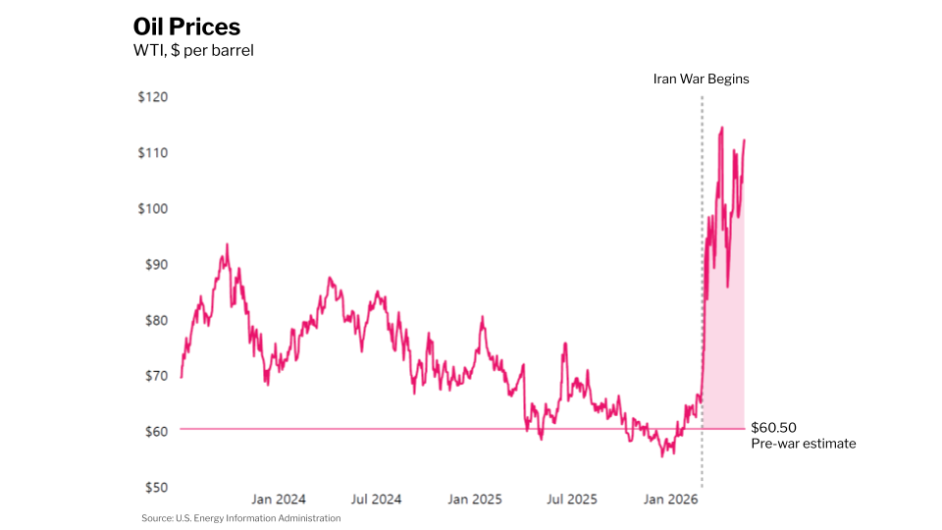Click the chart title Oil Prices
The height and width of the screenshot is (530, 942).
point(186,27)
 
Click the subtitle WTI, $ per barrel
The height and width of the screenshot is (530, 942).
point(193,50)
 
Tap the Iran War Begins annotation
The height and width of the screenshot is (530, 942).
point(701,79)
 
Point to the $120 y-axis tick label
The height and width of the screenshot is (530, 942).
point(153,97)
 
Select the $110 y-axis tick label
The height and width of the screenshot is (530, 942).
point(153,153)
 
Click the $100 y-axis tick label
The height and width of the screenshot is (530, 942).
point(153,208)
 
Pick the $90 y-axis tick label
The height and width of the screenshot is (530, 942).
point(156,264)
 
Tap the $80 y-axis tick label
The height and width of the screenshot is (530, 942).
point(156,320)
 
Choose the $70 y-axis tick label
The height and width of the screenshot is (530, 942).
point(156,376)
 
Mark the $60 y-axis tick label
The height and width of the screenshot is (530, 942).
point(156,432)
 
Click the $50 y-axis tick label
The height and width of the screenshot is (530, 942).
point(156,488)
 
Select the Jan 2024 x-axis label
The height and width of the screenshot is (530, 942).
point(278,500)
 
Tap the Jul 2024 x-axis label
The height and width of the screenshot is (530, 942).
point(376,500)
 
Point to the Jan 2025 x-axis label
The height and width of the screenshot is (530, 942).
point(475,500)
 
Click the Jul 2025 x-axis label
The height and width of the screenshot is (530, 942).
point(572,500)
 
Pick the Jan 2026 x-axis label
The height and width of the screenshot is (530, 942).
point(670,500)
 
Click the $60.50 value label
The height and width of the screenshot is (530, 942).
point(774,428)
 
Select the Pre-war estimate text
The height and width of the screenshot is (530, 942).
point(804,444)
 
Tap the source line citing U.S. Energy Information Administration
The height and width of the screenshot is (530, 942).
point(241,518)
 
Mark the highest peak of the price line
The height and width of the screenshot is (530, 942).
point(721,128)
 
